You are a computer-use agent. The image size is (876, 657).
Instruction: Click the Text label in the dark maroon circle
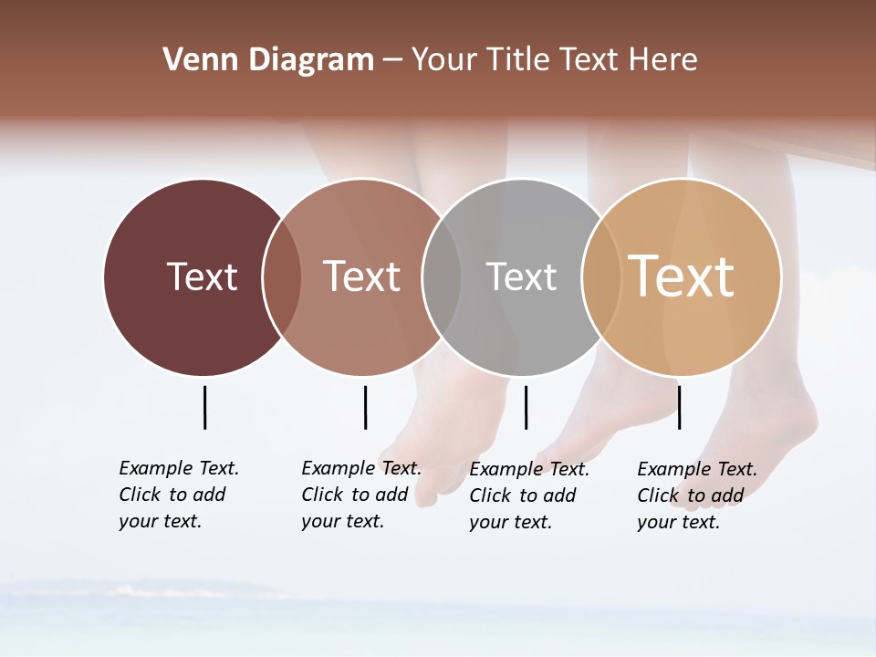pos(202,276)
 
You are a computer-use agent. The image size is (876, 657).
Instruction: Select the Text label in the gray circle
pos(521,276)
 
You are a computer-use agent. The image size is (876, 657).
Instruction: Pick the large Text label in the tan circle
pos(682,276)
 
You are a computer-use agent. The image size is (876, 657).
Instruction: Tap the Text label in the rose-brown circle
pos(361,276)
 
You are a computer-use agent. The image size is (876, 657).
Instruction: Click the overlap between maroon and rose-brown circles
pos(282,277)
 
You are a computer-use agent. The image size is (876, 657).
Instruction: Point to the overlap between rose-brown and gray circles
pos(442,277)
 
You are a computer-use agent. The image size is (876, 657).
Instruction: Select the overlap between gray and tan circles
pos(601,277)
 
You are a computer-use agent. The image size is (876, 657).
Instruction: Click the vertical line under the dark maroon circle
pos(204,407)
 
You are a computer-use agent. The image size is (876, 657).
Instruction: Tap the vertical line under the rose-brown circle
pos(365,407)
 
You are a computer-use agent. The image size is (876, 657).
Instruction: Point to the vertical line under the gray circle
pos(526,407)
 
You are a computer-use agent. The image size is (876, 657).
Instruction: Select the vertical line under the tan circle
pos(679,407)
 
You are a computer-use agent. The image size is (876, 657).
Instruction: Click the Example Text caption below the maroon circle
pos(179,495)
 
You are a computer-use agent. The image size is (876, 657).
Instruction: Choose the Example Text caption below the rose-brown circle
pos(361,495)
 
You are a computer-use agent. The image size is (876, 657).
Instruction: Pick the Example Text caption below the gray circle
pos(529,495)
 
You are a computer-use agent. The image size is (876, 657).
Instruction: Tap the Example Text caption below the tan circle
pos(697,495)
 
